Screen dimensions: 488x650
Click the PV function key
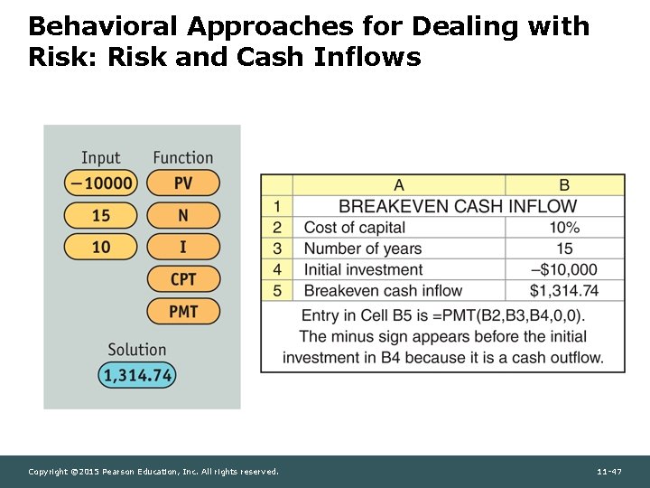183,183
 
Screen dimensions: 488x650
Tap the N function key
183,215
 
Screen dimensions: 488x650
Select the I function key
183,247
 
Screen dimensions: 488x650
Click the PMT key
183,311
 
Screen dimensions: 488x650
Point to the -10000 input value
101,183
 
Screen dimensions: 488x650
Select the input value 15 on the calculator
101,215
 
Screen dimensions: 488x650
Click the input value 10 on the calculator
101,247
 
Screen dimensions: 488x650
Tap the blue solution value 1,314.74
138,375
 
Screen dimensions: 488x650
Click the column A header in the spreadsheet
399,185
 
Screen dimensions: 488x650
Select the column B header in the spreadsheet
564,185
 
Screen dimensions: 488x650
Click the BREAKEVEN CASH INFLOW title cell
458,207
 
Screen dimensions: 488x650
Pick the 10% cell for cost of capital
564,228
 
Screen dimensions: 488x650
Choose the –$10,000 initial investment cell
564,269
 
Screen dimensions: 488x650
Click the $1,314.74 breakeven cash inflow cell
564,290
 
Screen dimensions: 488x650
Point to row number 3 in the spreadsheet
277,249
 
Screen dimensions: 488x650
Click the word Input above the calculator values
100,158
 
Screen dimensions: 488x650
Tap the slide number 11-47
609,472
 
